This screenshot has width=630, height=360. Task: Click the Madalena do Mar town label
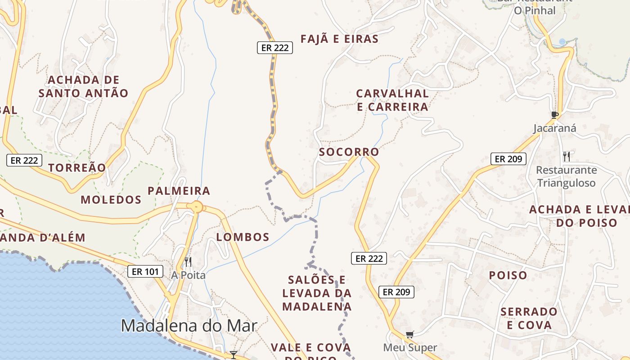pyautogui.click(x=189, y=325)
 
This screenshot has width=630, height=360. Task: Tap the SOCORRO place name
pyautogui.click(x=349, y=152)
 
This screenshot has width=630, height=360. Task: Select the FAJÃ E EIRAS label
pyautogui.click(x=340, y=39)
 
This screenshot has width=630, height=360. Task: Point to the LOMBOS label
pyautogui.click(x=243, y=237)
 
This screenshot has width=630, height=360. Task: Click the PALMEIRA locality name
pyautogui.click(x=179, y=191)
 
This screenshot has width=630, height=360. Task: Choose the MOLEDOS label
pyautogui.click(x=111, y=200)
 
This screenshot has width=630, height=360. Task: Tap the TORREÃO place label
pyautogui.click(x=77, y=168)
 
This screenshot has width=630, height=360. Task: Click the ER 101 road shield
pyautogui.click(x=145, y=271)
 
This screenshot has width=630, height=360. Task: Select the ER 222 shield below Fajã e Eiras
pyautogui.click(x=275, y=48)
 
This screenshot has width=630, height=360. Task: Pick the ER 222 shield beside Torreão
pyautogui.click(x=24, y=160)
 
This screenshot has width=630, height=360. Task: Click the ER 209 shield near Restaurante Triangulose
pyautogui.click(x=508, y=158)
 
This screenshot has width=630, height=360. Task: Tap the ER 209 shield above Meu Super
pyautogui.click(x=396, y=292)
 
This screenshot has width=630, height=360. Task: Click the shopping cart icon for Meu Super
pyautogui.click(x=409, y=334)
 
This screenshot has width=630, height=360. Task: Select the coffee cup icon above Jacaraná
pyautogui.click(x=555, y=115)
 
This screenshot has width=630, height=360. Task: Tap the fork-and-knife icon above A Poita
pyautogui.click(x=188, y=261)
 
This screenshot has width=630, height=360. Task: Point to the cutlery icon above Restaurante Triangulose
pyautogui.click(x=567, y=157)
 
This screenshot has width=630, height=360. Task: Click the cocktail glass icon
pyautogui.click(x=233, y=355)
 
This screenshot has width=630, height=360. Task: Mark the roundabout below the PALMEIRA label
pyautogui.click(x=197, y=207)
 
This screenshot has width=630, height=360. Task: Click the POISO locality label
pyautogui.click(x=508, y=275)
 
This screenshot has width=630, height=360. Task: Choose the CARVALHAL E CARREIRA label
pyautogui.click(x=392, y=100)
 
